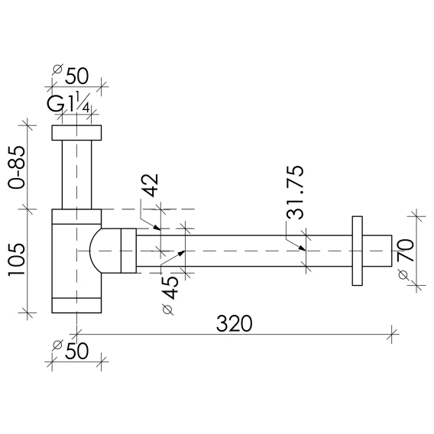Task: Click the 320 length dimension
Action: click(234, 323)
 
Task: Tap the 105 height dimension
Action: click(17, 260)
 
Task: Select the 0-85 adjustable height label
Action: click(17, 167)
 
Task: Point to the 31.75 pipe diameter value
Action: click(295, 193)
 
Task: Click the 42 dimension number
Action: click(150, 185)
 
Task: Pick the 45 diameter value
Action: click(170, 288)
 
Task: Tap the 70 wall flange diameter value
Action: click(406, 251)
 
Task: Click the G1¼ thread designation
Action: click(69, 103)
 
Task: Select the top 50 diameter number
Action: click(76, 76)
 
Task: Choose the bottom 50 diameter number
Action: click(76, 351)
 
